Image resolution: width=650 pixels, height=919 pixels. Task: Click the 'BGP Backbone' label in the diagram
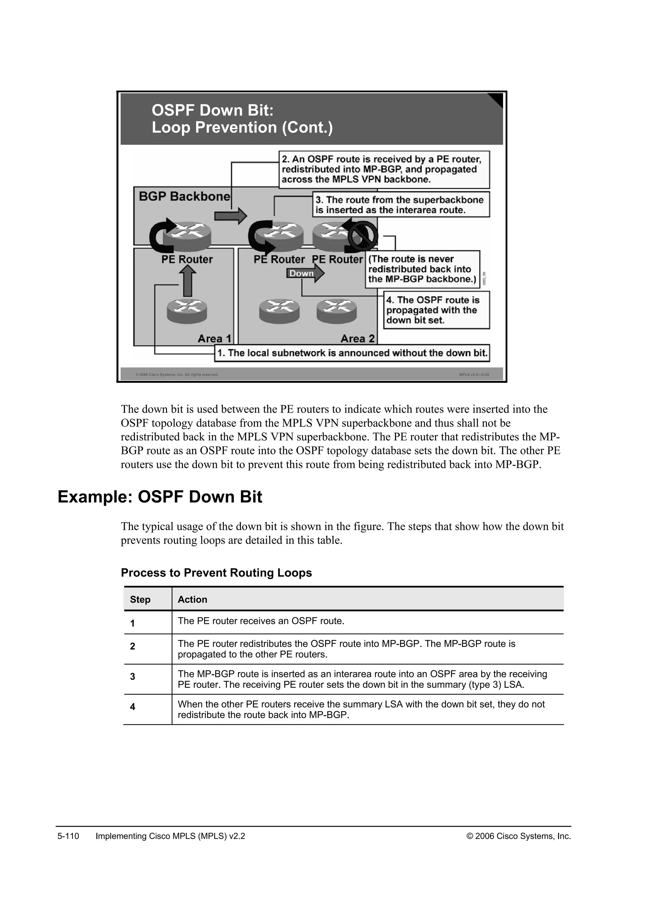[x=184, y=196]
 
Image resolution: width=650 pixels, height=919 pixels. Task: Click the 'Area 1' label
[x=215, y=339]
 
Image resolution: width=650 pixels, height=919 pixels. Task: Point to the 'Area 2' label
[x=357, y=339]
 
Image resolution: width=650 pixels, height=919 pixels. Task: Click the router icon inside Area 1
[x=187, y=311]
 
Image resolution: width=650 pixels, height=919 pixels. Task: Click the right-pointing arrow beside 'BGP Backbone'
[x=230, y=216]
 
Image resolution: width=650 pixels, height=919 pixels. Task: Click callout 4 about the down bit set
[x=436, y=310]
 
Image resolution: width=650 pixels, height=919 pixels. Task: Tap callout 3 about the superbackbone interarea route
[x=401, y=205]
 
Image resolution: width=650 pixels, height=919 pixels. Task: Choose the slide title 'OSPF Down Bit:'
[x=213, y=110]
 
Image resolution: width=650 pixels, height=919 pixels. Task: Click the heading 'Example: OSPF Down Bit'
[x=160, y=497]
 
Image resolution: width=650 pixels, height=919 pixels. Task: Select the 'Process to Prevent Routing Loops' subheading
[x=216, y=573]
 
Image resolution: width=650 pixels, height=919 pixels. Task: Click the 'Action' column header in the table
[x=193, y=599]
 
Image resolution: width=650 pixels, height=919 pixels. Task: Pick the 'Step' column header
[x=140, y=599]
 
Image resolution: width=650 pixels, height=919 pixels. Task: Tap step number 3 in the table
[x=132, y=677]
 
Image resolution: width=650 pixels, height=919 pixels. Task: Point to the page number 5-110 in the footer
[x=69, y=836]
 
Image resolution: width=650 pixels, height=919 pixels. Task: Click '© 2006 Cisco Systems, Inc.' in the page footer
[x=518, y=836]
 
